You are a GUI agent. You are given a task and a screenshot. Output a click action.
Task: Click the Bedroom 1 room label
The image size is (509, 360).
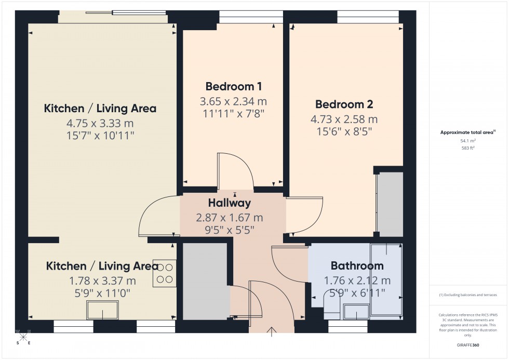[x=233, y=86]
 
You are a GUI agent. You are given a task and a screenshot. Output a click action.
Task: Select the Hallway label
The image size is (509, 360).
[x=230, y=203]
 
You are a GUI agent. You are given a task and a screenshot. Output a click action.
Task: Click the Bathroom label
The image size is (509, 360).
[x=357, y=266]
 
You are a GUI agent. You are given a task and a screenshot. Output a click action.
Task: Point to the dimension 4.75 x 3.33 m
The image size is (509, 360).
[x=100, y=124]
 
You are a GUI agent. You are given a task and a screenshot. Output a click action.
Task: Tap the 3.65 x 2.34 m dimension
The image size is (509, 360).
[x=233, y=101]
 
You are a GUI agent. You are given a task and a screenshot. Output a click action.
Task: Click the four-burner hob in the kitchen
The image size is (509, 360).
[x=165, y=273]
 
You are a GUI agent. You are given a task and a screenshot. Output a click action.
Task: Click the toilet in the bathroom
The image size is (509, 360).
[x=331, y=311]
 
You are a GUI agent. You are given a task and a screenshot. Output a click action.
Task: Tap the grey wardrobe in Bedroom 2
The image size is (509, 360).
[x=390, y=204]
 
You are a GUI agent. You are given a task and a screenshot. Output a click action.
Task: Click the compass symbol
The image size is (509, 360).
[x=23, y=337]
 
